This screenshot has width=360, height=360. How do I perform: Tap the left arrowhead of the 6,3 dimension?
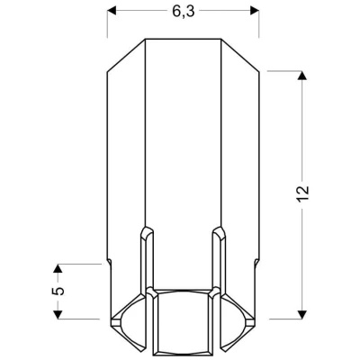tap(112, 12)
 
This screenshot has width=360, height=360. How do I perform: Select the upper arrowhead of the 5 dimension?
tap(58, 268)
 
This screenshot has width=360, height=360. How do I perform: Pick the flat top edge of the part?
tap(184, 40)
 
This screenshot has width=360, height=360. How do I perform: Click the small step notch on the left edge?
tap(110, 261)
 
